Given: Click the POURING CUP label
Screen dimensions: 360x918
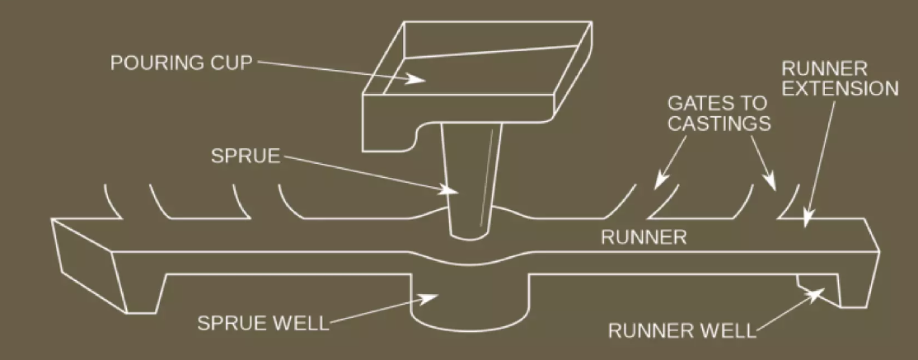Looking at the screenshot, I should [x=179, y=63].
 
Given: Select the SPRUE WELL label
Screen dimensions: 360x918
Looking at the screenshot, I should [x=261, y=322].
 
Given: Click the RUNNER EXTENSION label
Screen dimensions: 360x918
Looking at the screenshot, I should [x=838, y=79].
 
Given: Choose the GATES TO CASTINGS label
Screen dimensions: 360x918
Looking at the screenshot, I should [x=717, y=114].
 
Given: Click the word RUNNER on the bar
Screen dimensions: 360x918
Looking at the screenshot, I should [x=644, y=239].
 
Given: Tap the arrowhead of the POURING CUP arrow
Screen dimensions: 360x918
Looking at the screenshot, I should [x=417, y=79].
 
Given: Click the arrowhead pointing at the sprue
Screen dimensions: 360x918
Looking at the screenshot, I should [x=452, y=191].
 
